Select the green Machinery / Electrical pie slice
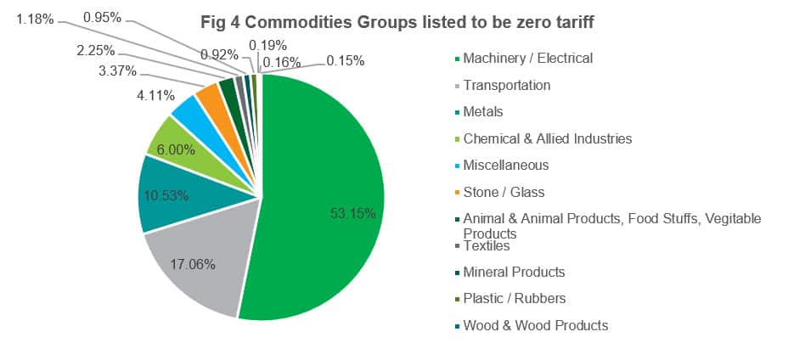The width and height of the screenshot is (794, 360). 323,170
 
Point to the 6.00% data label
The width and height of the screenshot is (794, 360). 176,149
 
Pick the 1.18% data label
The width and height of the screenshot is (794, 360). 36,18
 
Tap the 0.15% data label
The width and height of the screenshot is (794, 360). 345,60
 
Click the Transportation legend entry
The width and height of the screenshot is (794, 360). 506,85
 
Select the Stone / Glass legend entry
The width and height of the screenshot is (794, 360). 504,192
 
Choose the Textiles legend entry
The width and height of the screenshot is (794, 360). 487,245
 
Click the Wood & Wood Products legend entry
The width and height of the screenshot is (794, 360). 535,325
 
